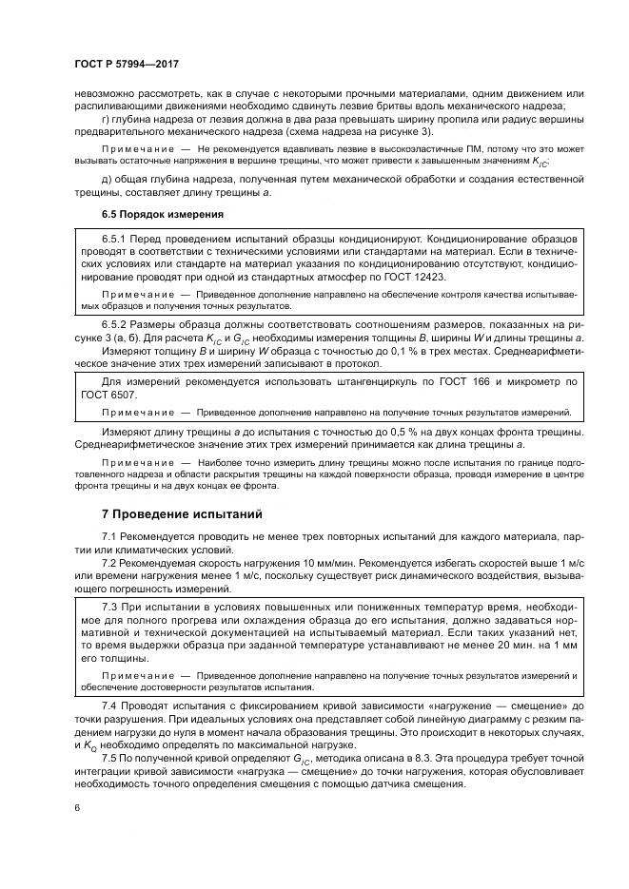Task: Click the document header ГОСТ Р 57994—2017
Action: tap(127, 64)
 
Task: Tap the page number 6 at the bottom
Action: tap(76, 807)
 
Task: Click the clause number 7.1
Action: tap(110, 538)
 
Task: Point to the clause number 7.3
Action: tap(110, 606)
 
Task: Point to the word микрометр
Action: tap(522, 381)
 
